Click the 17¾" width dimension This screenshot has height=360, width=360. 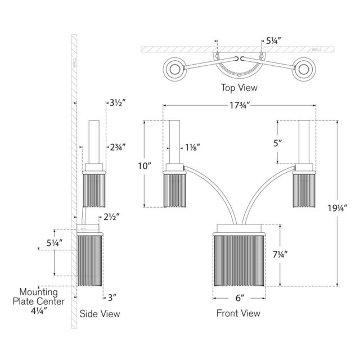point(240,105)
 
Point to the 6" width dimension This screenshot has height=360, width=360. point(240,299)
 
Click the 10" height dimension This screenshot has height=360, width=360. point(145,166)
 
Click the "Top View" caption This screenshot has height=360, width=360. point(240,87)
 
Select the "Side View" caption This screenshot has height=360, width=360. point(100,314)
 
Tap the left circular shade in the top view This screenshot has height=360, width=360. point(174,70)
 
